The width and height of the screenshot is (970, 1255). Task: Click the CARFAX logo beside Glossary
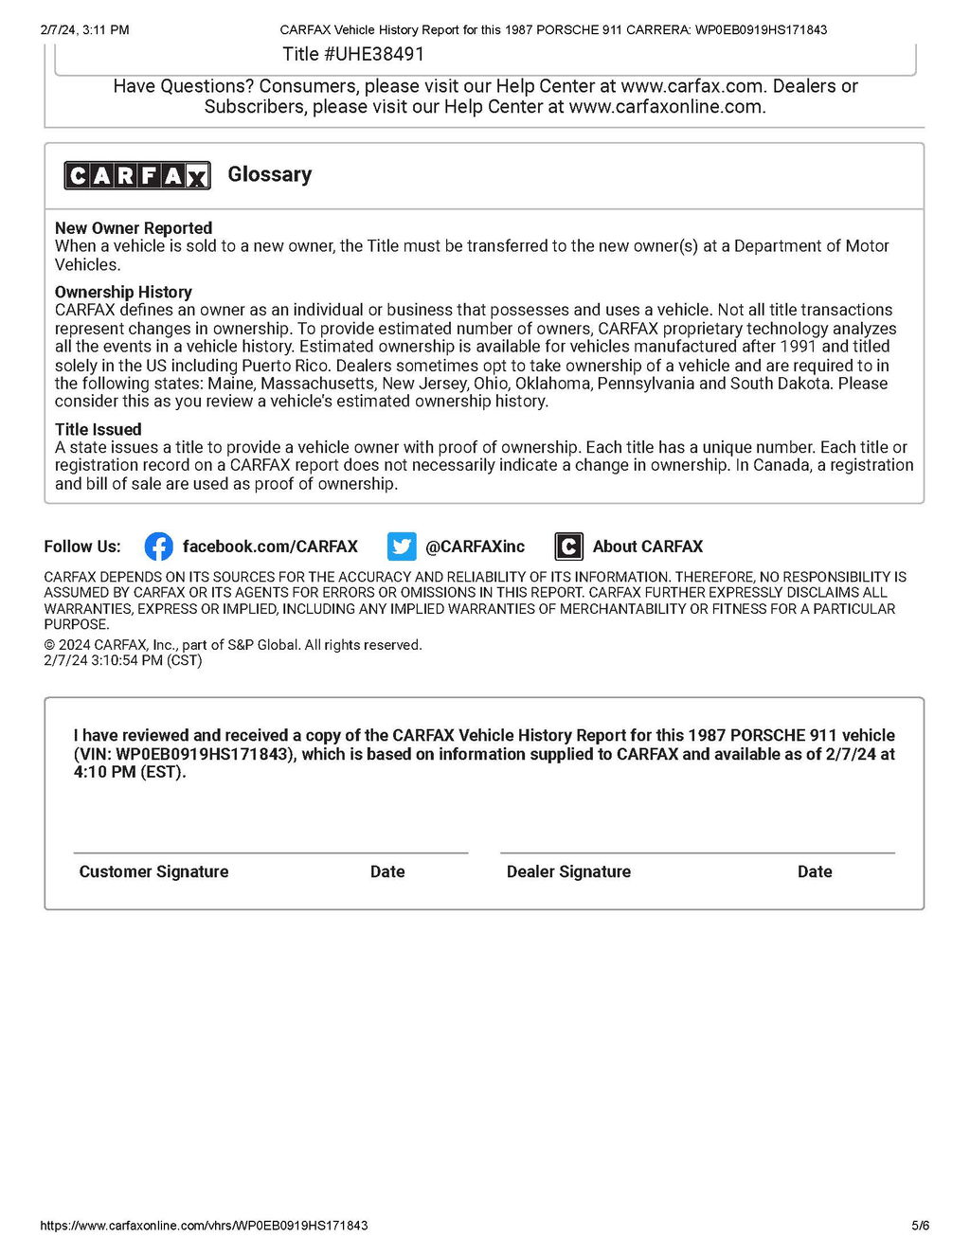coord(136,175)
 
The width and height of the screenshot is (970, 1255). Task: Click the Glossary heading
coord(269,174)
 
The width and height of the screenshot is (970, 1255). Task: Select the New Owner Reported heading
coord(134,228)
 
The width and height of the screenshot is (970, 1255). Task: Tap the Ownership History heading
coord(123,292)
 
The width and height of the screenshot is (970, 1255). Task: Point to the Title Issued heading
coord(98,429)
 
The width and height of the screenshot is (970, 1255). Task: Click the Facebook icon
coord(158,547)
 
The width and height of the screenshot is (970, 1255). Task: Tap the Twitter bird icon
coord(402,547)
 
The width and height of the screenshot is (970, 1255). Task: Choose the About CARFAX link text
coord(648,547)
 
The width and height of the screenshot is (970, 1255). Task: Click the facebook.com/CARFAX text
coord(270,547)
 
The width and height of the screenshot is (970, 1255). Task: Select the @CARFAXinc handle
coord(475,547)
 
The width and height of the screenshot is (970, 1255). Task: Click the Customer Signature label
coord(153,871)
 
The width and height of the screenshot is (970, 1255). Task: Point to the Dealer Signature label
coord(568,871)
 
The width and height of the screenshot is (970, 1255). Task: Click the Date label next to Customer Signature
coord(387,871)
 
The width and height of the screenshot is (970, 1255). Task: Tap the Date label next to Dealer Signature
coord(815,871)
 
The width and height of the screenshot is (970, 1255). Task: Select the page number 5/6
coord(920,1226)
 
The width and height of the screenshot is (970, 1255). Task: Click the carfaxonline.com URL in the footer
coord(204,1226)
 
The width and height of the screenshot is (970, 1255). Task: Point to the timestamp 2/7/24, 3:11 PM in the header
coord(84,29)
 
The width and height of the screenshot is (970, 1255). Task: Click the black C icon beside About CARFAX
coord(568,547)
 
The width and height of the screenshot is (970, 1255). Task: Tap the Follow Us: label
coord(82,547)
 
